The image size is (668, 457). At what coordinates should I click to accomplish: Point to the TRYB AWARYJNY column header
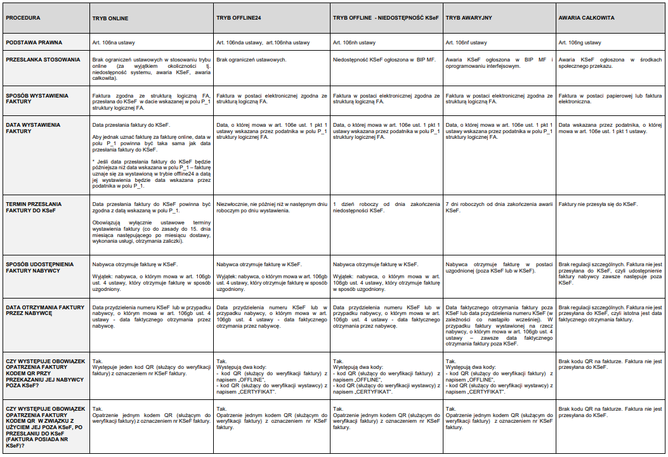[x=469, y=18]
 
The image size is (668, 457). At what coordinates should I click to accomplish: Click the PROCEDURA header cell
[x=23, y=18]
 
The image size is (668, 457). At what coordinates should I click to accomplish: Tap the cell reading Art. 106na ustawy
[x=113, y=42]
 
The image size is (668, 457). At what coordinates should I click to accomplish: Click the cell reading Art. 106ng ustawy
[x=580, y=42]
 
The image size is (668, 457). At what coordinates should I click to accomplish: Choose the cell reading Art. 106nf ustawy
[x=466, y=42]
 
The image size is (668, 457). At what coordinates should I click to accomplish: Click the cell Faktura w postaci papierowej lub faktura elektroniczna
[x=610, y=98]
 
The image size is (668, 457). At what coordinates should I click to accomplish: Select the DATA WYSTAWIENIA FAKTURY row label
[x=32, y=128]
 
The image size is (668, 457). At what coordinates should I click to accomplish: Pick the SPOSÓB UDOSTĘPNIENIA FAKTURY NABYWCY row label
[x=39, y=267]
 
